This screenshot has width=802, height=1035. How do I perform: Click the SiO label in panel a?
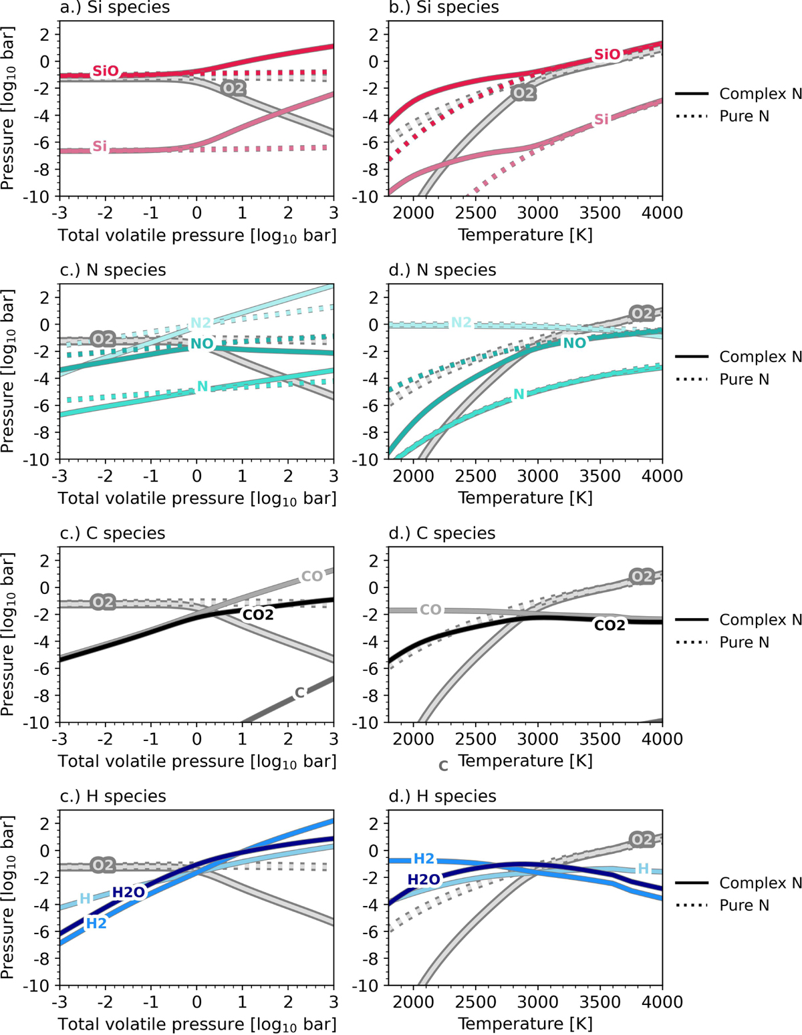[x=106, y=71]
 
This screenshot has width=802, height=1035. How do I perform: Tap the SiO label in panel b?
[x=607, y=55]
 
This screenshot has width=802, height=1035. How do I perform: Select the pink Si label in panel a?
[x=100, y=146]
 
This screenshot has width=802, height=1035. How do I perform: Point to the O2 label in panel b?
[x=523, y=93]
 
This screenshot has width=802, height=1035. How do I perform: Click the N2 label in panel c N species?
[x=200, y=323]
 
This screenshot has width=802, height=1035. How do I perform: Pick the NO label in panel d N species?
[x=574, y=343]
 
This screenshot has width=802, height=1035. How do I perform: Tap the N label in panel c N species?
[x=202, y=386]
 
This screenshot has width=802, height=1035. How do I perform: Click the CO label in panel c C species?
[x=312, y=576]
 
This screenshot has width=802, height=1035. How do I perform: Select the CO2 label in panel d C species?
[x=610, y=625]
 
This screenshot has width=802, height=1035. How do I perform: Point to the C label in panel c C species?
[x=299, y=693]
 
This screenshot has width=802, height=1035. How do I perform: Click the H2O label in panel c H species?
[x=128, y=893]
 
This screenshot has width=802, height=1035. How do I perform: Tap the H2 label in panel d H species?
[x=424, y=859]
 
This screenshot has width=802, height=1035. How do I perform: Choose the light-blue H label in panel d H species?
[x=643, y=869]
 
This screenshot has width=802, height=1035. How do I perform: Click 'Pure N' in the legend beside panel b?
[x=744, y=116]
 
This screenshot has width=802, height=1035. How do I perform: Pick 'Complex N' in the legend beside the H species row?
[x=760, y=883]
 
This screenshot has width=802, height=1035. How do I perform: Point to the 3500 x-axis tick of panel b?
[x=599, y=213]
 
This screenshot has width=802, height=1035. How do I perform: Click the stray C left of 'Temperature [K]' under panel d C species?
[x=443, y=766]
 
